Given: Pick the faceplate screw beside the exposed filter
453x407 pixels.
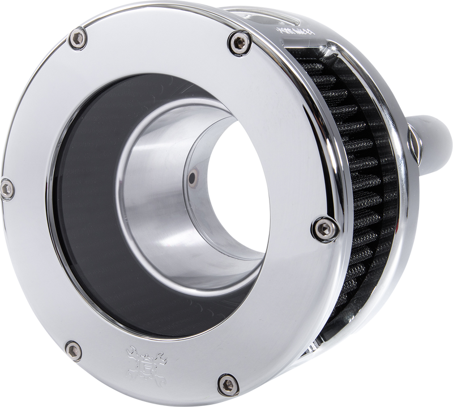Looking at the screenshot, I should (x=318, y=229).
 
